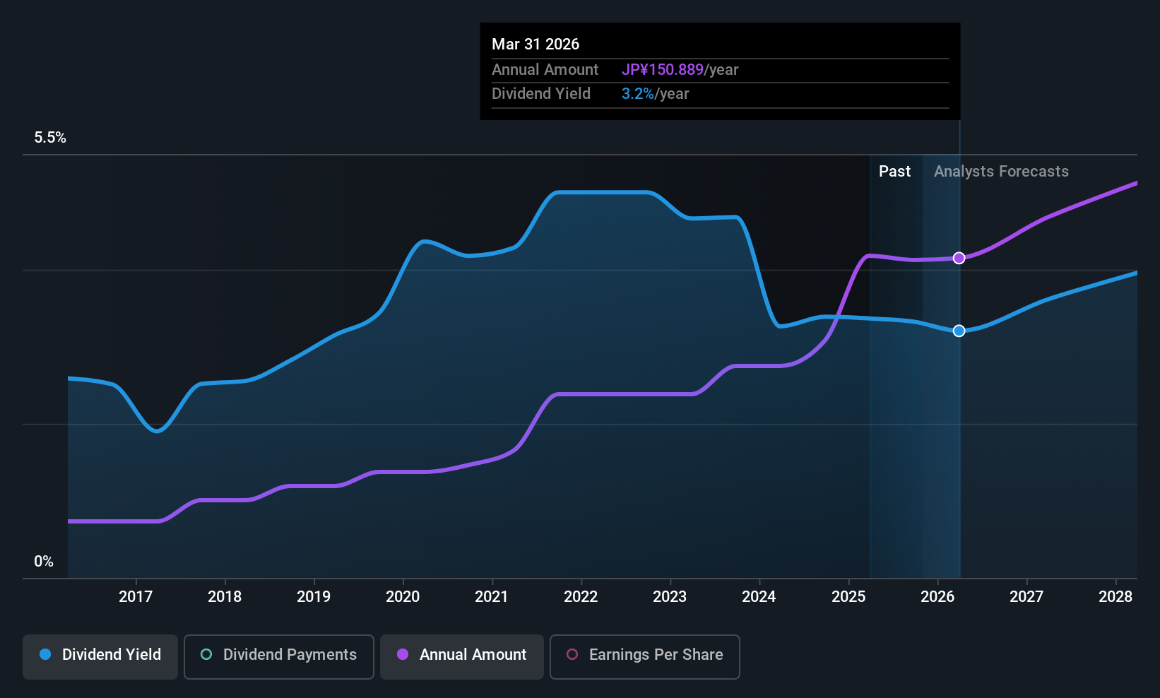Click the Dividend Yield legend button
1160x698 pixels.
click(100, 655)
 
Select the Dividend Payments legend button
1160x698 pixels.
click(279, 655)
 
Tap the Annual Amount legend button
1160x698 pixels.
click(462, 655)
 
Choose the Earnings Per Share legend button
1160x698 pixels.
click(644, 655)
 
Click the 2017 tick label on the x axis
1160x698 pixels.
click(136, 597)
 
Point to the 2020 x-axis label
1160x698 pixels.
click(403, 597)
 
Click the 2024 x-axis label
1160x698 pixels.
click(759, 597)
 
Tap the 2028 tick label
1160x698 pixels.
click(1115, 597)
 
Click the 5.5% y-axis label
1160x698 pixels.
click(50, 138)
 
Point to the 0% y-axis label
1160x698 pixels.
click(44, 562)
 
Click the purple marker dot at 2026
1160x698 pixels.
click(959, 258)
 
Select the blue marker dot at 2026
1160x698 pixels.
click(959, 331)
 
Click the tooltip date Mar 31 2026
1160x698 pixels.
click(535, 45)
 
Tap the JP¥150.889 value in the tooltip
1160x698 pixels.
click(662, 70)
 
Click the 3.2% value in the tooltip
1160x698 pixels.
click(637, 94)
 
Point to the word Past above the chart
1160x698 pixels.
click(894, 172)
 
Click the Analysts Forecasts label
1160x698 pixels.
click(1001, 172)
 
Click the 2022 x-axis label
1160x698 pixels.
click(581, 597)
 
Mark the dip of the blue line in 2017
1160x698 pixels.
click(157, 430)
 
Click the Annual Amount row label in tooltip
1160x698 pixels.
click(545, 70)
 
